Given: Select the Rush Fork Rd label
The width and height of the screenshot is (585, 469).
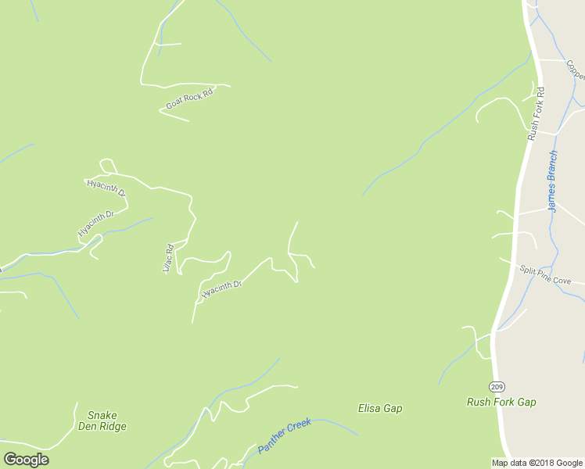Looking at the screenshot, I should click(x=536, y=113).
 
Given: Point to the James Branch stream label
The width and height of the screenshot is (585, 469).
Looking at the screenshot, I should click(x=552, y=181).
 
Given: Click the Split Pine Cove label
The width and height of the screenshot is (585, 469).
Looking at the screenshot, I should click(x=551, y=275).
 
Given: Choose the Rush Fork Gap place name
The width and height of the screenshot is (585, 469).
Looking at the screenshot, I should click(x=501, y=403).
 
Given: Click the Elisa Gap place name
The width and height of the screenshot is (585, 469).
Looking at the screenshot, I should click(x=380, y=408).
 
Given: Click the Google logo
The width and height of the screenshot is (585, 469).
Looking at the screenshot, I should click(x=26, y=460).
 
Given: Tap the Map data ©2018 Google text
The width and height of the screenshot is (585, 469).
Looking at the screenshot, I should click(x=537, y=463).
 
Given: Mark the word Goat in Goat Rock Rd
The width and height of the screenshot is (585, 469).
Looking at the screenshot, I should click(x=174, y=105).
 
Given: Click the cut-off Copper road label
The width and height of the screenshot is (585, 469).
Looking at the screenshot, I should click(x=576, y=70).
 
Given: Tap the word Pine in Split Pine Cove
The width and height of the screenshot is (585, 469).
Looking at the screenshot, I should click(x=551, y=275).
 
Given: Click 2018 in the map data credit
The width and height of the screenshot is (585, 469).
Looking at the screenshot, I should click(x=544, y=463).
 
